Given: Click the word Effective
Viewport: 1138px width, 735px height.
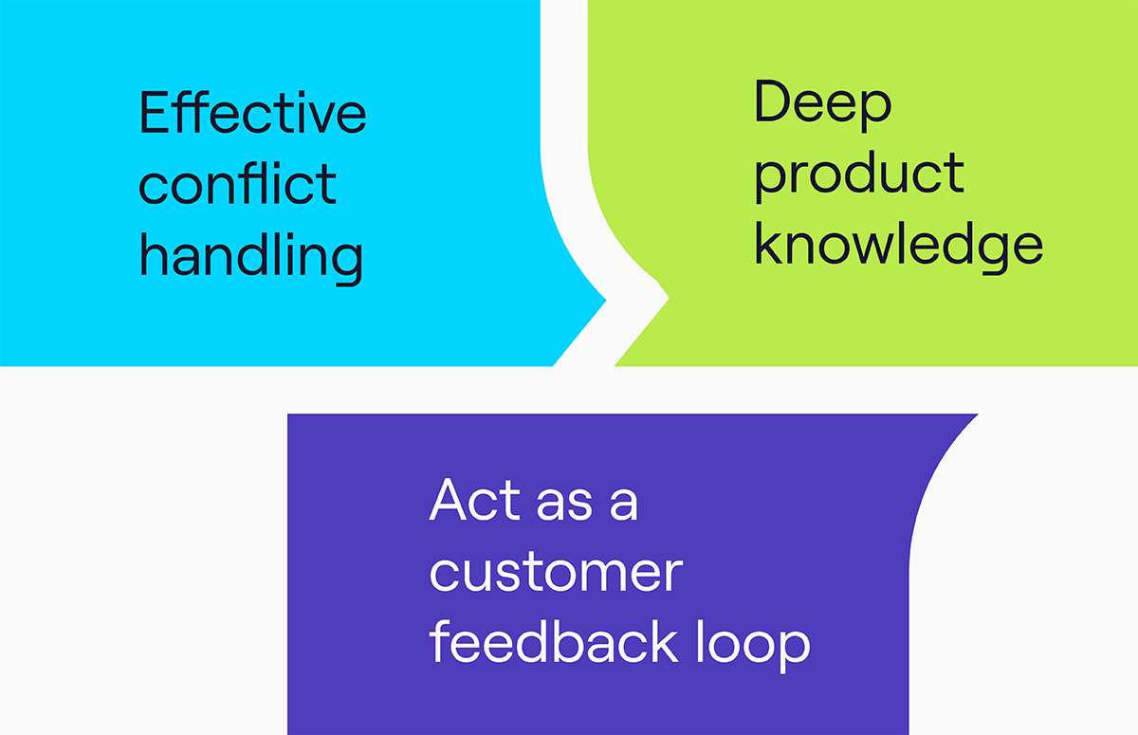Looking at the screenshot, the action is [252, 112].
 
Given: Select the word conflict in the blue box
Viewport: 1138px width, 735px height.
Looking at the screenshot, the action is [237, 183].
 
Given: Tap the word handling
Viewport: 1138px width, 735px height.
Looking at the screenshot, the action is [251, 259].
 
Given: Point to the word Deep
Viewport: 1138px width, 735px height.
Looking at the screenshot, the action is [823, 105].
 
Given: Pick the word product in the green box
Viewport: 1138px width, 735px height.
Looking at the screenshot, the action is [859, 176].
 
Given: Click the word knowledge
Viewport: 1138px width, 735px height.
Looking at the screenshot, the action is [899, 248].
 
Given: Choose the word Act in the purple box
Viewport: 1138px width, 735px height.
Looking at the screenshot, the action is [475, 499].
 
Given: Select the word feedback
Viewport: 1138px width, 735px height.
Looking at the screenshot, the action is [554, 641].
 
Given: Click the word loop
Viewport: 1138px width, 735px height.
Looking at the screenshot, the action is [753, 645].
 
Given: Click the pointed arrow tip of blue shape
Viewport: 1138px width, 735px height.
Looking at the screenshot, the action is [606, 300].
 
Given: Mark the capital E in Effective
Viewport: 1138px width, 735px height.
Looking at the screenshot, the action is [154, 112].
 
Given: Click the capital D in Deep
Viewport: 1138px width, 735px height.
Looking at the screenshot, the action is [771, 101].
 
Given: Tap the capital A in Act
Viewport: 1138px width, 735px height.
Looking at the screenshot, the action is [448, 499].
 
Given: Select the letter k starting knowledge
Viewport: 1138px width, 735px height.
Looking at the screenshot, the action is [769, 243].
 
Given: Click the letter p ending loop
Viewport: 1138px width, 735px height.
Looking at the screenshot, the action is [793, 651].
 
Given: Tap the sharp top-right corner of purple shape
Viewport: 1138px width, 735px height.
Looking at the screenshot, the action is [978, 414].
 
